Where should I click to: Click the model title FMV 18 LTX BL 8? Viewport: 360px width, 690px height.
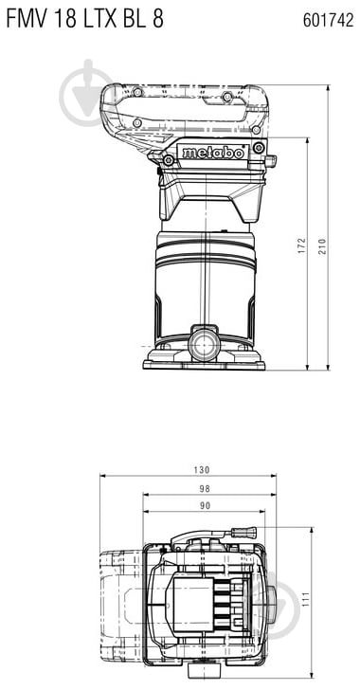pyautogui.click(x=82, y=18)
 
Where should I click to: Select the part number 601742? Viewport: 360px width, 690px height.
pyautogui.click(x=328, y=19)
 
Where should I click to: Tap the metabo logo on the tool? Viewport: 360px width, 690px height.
pyautogui.click(x=213, y=152)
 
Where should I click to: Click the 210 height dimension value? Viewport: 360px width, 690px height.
pyautogui.click(x=322, y=247)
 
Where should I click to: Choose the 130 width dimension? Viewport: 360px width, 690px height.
pyautogui.click(x=201, y=470)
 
